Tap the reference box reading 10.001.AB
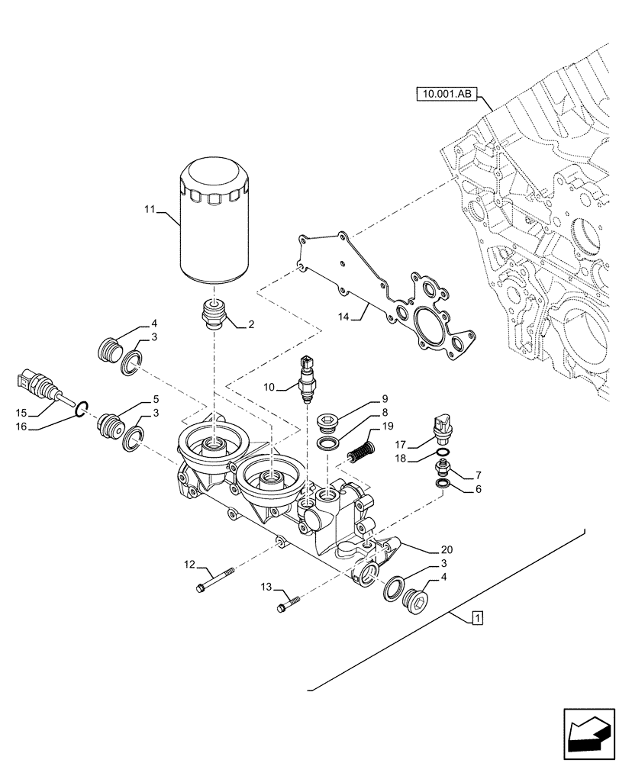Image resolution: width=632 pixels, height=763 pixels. (446, 95)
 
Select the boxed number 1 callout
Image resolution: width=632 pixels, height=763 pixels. (476, 618)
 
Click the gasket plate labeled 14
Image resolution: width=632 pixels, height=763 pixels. (389, 298)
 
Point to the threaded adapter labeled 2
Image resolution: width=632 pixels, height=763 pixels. (213, 314)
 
